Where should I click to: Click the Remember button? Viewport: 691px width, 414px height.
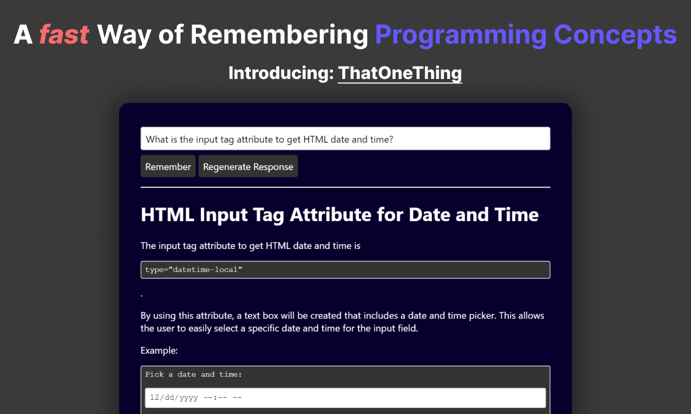(x=168, y=166)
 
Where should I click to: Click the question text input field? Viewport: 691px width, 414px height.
(x=345, y=139)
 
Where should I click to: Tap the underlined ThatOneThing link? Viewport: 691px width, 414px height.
(x=400, y=73)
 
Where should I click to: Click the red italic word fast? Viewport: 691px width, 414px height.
(x=64, y=34)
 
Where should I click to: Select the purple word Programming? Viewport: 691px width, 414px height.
(x=461, y=36)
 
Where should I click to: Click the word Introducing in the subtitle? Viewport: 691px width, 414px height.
(x=281, y=73)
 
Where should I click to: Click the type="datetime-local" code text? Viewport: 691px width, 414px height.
(x=194, y=270)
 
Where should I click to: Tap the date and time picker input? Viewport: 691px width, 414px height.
(x=345, y=398)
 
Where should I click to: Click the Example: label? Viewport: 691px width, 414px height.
(x=159, y=350)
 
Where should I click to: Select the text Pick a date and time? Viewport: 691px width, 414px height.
(x=194, y=374)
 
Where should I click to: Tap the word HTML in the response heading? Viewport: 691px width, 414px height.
(x=168, y=215)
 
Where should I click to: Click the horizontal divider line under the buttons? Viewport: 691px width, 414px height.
(x=345, y=187)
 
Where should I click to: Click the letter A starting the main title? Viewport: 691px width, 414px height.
(x=23, y=34)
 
